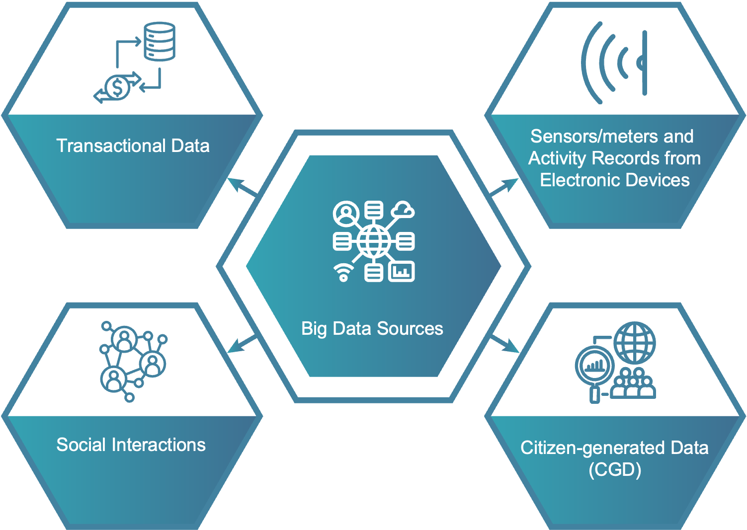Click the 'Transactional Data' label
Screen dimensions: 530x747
click(x=133, y=146)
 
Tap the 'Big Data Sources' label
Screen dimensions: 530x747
click(x=372, y=329)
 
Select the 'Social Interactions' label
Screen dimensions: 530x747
click(x=131, y=445)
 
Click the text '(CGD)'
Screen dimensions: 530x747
click(x=614, y=469)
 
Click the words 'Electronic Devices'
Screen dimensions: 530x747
click(x=614, y=180)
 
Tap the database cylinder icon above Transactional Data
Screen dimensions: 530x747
click(x=160, y=41)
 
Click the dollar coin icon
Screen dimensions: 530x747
click(x=117, y=88)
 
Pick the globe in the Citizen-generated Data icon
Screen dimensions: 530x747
click(x=635, y=342)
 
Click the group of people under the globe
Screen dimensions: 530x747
click(x=633, y=384)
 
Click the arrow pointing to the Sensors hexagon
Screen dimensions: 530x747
click(x=504, y=187)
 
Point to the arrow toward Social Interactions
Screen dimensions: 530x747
click(x=242, y=344)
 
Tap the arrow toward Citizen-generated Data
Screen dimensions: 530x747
click(x=505, y=345)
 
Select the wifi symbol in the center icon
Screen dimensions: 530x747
click(x=343, y=272)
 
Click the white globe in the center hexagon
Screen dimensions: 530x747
click(x=374, y=242)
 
